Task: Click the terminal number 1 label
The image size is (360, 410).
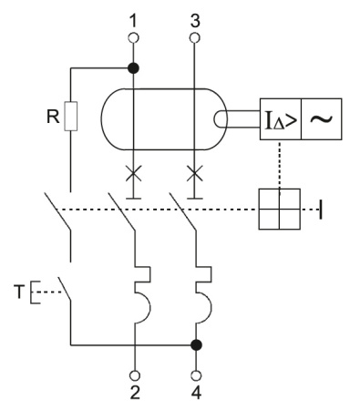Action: pos(134,18)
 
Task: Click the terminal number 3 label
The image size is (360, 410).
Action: pos(193,18)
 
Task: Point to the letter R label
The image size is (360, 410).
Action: pos(53,117)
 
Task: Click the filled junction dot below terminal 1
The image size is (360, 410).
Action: pos(134,68)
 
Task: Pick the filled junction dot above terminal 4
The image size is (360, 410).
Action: pos(194,345)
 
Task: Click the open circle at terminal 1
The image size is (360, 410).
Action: pos(134,37)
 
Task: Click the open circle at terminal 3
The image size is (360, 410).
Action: pos(193,37)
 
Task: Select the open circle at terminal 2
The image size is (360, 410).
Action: pos(134,374)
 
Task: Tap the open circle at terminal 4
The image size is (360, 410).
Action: pos(194,374)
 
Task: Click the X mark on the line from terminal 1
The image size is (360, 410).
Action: pos(134,171)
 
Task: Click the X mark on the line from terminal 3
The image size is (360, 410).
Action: pos(193,171)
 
